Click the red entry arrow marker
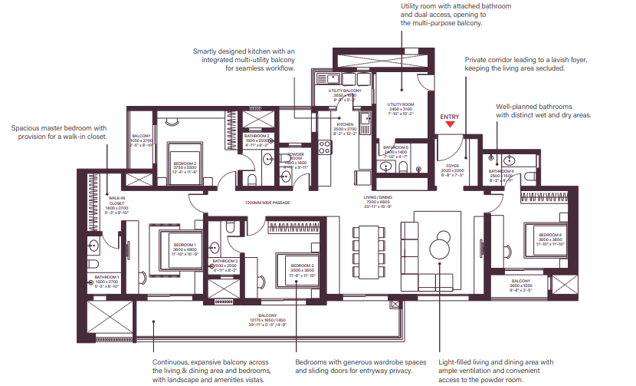pos(451,124)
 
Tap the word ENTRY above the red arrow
pos(451,116)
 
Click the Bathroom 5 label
pos(396,150)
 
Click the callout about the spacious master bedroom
pos(59,132)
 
